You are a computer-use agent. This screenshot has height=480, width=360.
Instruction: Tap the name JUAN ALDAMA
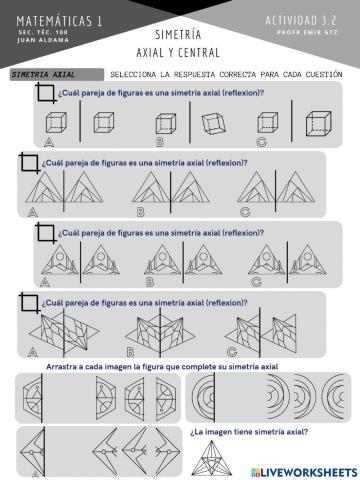pyautogui.click(x=40, y=41)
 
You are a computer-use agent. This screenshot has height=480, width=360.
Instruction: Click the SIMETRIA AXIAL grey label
pyautogui.click(x=44, y=75)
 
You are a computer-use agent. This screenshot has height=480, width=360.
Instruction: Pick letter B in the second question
pyautogui.click(x=141, y=211)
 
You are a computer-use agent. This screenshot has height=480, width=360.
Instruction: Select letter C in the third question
pyautogui.click(x=256, y=282)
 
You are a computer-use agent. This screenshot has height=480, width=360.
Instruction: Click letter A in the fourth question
pyautogui.click(x=33, y=352)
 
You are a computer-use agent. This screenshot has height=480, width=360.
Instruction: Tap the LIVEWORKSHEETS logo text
pyautogui.click(x=305, y=470)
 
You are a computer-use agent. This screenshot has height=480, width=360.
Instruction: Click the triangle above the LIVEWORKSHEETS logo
pyautogui.click(x=249, y=455)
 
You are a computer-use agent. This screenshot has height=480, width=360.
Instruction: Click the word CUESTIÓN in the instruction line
pyautogui.click(x=323, y=75)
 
